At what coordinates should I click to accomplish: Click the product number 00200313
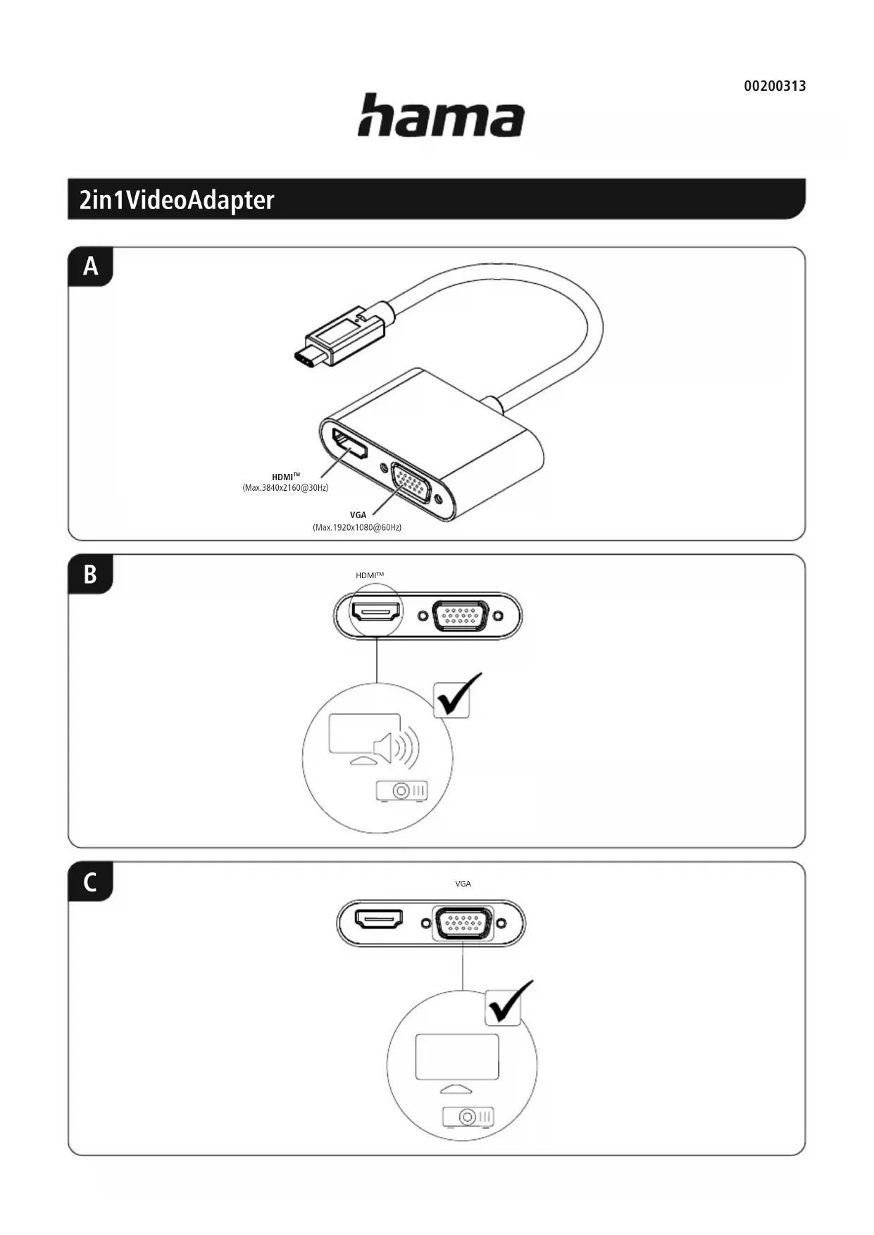click(775, 86)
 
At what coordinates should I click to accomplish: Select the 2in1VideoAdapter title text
click(176, 200)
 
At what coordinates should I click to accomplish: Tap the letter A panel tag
click(91, 266)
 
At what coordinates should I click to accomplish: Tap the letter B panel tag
click(91, 574)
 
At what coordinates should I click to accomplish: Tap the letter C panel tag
click(91, 882)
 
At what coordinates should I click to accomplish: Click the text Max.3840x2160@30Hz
click(285, 487)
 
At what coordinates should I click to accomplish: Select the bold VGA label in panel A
click(358, 515)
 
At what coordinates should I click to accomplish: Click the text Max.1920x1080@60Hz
click(357, 527)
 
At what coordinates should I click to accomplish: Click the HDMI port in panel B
click(376, 613)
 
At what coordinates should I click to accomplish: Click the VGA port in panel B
click(461, 615)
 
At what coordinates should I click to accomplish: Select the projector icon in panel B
click(402, 791)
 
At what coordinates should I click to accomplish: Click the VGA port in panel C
click(463, 923)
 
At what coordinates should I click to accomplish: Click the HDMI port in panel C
click(379, 920)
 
